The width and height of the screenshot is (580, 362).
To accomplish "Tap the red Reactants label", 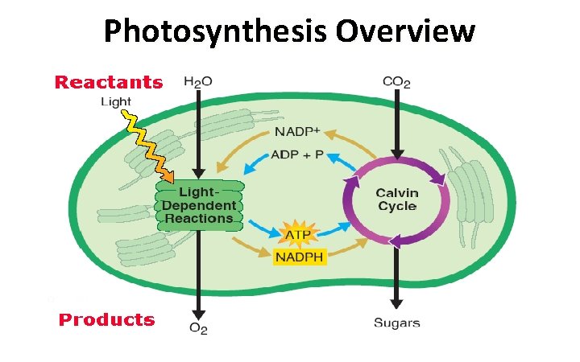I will click(x=108, y=81).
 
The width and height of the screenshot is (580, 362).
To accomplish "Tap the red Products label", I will click(x=106, y=319).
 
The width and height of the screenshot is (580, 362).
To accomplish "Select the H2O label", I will click(x=197, y=82).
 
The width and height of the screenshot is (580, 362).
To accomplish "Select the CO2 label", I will click(x=396, y=82).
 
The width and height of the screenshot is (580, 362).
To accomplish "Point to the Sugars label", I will click(x=396, y=323).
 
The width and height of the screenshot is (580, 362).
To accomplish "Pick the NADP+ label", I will click(x=297, y=131).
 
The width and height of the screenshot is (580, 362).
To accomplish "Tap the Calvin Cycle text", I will click(x=397, y=200).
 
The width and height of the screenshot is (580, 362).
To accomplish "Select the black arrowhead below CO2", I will click(x=396, y=154).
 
